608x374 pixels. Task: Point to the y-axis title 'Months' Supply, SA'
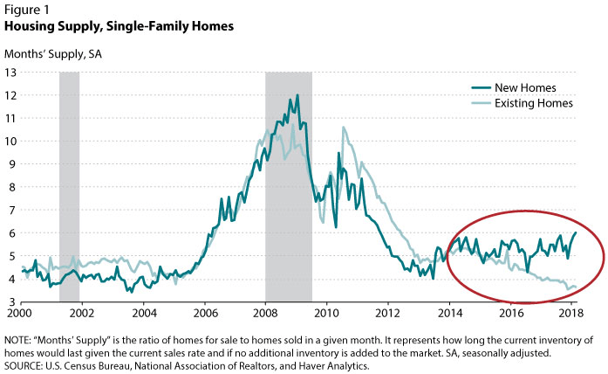53,53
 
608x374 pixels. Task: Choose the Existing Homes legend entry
533,103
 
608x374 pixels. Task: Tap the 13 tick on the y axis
11,72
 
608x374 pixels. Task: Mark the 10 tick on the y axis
11,141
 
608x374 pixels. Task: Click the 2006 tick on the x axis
205,313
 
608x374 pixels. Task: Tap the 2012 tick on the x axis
387,313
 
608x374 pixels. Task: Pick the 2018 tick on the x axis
571,313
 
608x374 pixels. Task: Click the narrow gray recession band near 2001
69,175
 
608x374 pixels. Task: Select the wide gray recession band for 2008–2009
289,218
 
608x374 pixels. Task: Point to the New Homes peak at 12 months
297,95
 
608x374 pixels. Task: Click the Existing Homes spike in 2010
343,128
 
